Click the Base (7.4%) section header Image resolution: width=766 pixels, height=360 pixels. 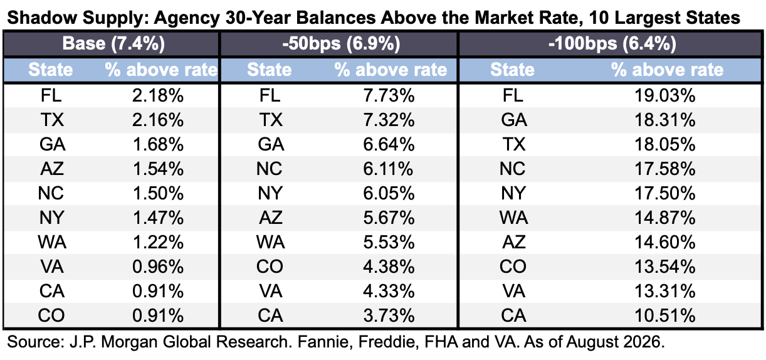click(113, 44)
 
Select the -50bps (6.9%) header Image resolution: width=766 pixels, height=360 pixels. click(341, 44)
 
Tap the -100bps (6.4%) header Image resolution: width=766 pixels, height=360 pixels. click(612, 44)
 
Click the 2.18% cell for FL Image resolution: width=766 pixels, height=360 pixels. click(158, 95)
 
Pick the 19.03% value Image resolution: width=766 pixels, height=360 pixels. click(665, 95)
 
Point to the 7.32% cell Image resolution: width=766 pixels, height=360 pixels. click(389, 120)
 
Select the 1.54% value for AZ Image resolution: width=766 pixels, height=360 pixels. click(158, 169)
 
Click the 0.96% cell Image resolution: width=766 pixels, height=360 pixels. click(158, 267)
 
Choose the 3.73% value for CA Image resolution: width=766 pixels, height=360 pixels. click(389, 315)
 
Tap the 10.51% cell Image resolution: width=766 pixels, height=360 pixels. click(665, 315)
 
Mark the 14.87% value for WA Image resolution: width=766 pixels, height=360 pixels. click(665, 218)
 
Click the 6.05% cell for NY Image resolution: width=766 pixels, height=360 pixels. click(389, 193)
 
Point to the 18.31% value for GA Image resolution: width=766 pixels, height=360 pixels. click(665, 120)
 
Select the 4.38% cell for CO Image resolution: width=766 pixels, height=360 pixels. click(389, 267)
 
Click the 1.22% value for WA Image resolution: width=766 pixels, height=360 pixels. click(158, 242)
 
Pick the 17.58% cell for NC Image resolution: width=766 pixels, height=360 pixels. click(665, 169)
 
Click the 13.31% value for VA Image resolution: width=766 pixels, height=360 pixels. click(665, 291)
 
